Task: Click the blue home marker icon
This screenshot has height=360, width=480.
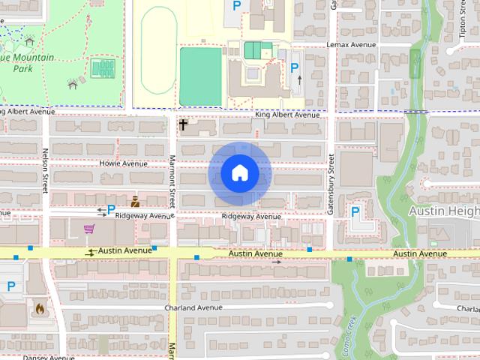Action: (x=239, y=173)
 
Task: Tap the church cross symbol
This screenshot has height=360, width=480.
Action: (x=183, y=124)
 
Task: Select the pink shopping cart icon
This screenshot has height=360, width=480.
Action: (x=89, y=229)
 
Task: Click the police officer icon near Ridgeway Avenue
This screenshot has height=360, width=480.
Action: (x=135, y=202)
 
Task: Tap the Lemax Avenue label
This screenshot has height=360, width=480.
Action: (x=350, y=45)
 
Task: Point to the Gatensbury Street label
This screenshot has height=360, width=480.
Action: (x=331, y=184)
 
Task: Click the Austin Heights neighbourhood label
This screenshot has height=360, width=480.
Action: (x=443, y=212)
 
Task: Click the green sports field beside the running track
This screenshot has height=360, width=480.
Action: (x=201, y=76)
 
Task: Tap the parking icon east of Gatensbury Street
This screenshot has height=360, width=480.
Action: (x=355, y=212)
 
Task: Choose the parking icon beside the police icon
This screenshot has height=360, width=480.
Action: (x=111, y=209)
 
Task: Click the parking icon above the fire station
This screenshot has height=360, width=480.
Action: (x=11, y=286)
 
